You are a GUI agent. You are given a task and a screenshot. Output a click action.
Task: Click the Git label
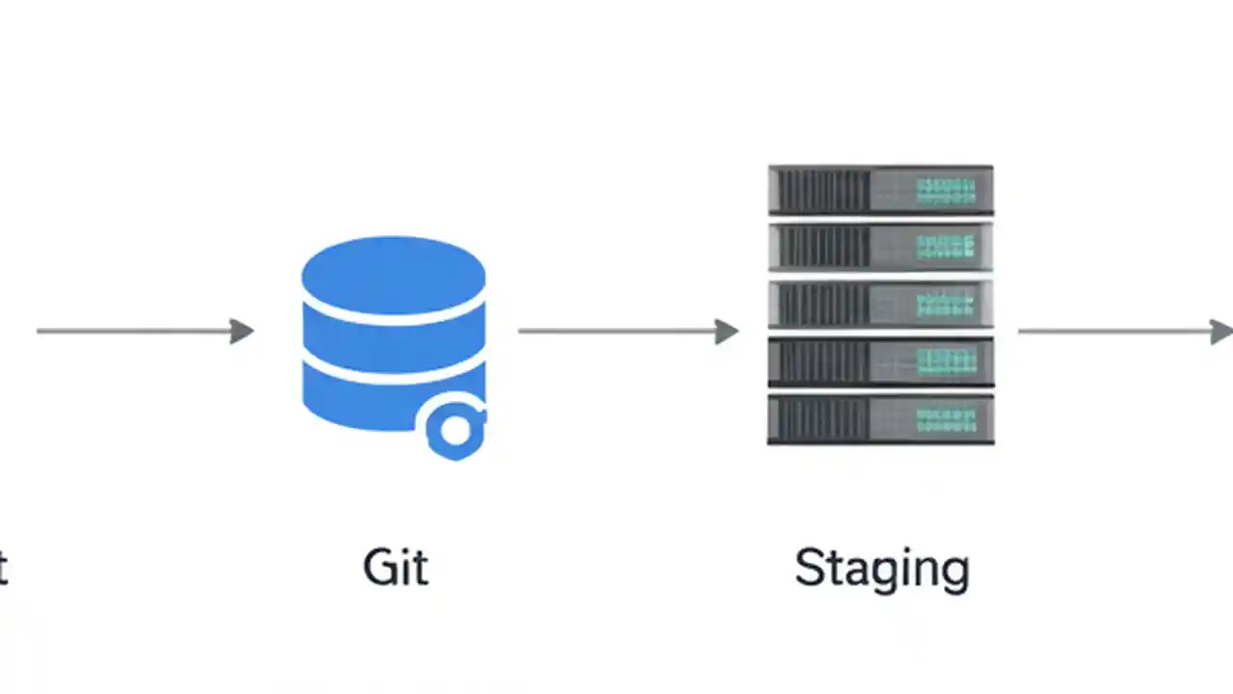coord(395,567)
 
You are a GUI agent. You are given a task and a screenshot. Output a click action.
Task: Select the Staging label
coord(881,569)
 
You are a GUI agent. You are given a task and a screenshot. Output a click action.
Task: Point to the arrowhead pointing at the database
coord(242,332)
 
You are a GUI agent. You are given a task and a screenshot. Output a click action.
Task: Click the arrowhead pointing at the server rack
coord(727,332)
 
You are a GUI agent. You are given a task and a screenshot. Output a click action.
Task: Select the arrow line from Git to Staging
coord(616,332)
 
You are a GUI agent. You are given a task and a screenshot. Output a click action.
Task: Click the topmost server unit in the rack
coord(880,190)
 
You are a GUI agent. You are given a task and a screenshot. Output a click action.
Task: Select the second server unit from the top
coord(880,247)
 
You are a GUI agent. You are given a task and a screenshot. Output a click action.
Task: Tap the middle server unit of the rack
coord(880,305)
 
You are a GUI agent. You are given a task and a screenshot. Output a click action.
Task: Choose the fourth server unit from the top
coord(880,361)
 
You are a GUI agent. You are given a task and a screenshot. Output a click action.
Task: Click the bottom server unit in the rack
coord(880,419)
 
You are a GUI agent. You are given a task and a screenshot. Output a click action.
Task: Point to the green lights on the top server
coord(946,190)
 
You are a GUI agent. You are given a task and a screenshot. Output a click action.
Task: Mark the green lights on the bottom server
coord(946,419)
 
